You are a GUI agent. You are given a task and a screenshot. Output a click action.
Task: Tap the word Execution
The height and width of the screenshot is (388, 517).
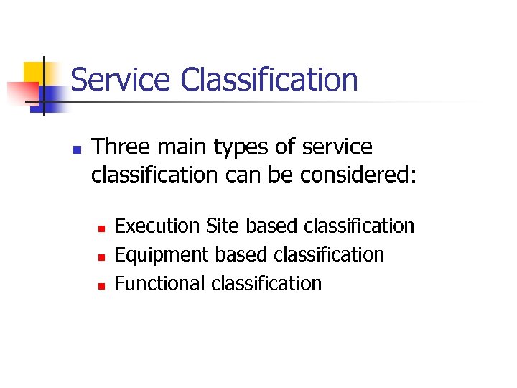[157, 226]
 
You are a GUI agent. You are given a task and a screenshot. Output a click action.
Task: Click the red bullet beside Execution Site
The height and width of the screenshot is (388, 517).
[101, 228]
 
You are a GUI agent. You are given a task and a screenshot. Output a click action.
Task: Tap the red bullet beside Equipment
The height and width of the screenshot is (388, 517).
[101, 257]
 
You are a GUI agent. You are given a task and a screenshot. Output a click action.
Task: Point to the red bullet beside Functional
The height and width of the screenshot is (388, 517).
[101, 286]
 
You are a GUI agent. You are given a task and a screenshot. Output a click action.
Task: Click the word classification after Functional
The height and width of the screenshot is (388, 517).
[266, 284]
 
